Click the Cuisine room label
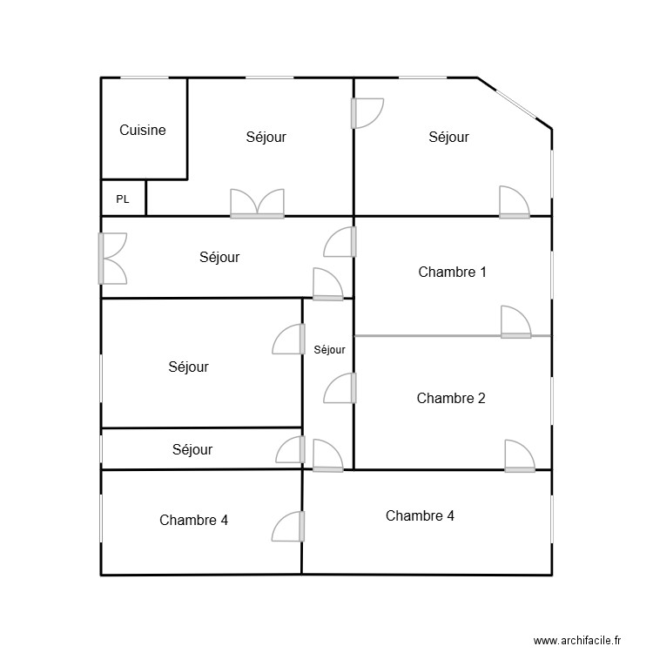click(143, 131)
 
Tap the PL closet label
click(123, 199)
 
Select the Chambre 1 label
click(452, 272)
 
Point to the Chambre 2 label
click(451, 398)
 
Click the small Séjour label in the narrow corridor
click(329, 350)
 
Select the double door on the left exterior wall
click(113, 259)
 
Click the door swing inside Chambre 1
click(515, 323)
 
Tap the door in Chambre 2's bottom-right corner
click(519, 456)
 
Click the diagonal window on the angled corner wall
click(514, 103)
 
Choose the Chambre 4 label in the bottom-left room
click(194, 520)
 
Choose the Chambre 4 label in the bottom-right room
click(420, 515)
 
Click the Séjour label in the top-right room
click(449, 137)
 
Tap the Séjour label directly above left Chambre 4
click(192, 450)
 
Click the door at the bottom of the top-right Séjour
click(514, 203)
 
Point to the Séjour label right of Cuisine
click(266, 137)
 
